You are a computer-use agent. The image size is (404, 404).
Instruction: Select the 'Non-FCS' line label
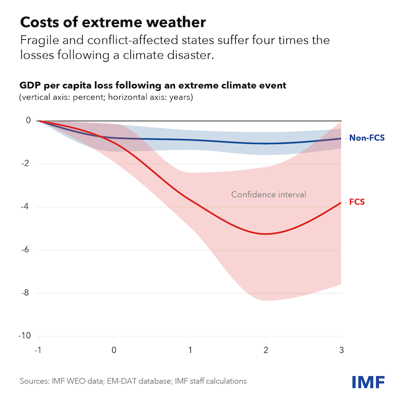pos(367,137)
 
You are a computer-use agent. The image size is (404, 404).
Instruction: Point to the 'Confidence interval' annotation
pos(269,194)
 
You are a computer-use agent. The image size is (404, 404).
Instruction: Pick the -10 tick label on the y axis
pos(24,336)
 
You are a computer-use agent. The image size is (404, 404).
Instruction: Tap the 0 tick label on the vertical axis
pos(28,121)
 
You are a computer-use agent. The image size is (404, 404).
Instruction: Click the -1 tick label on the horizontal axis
pos(38,349)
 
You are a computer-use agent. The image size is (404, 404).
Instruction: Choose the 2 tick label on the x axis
pos(266,349)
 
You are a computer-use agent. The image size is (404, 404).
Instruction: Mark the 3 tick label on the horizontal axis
pos(341,349)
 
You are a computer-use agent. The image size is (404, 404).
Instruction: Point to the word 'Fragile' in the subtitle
pos(38,40)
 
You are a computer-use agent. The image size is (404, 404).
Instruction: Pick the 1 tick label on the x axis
pos(190,349)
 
